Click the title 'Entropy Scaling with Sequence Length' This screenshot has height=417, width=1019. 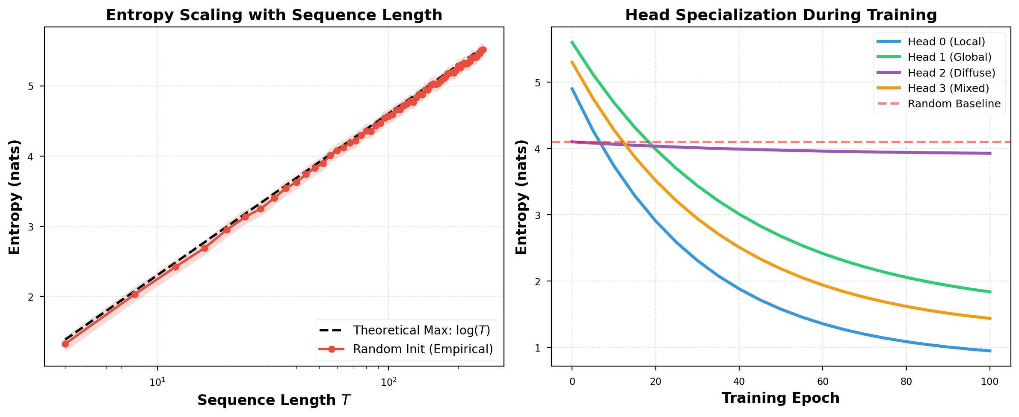click(274, 15)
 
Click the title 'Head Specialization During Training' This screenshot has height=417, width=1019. click(781, 15)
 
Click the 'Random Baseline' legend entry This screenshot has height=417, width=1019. click(954, 104)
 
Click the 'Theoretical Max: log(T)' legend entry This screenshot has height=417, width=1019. click(421, 331)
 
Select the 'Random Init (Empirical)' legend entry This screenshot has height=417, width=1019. click(423, 349)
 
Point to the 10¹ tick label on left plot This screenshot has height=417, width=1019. click(157, 382)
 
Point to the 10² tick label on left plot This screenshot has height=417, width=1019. click(388, 382)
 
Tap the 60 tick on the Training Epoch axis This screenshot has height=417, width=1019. click(823, 382)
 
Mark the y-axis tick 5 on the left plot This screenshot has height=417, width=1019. click(31, 86)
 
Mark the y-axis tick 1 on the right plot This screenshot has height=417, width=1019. click(538, 348)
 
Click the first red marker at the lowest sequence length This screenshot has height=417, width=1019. click(65, 344)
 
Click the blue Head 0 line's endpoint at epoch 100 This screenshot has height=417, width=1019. click(989, 351)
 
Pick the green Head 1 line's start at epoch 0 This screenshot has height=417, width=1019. click(572, 42)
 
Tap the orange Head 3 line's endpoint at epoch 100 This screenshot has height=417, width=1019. click(989, 319)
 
